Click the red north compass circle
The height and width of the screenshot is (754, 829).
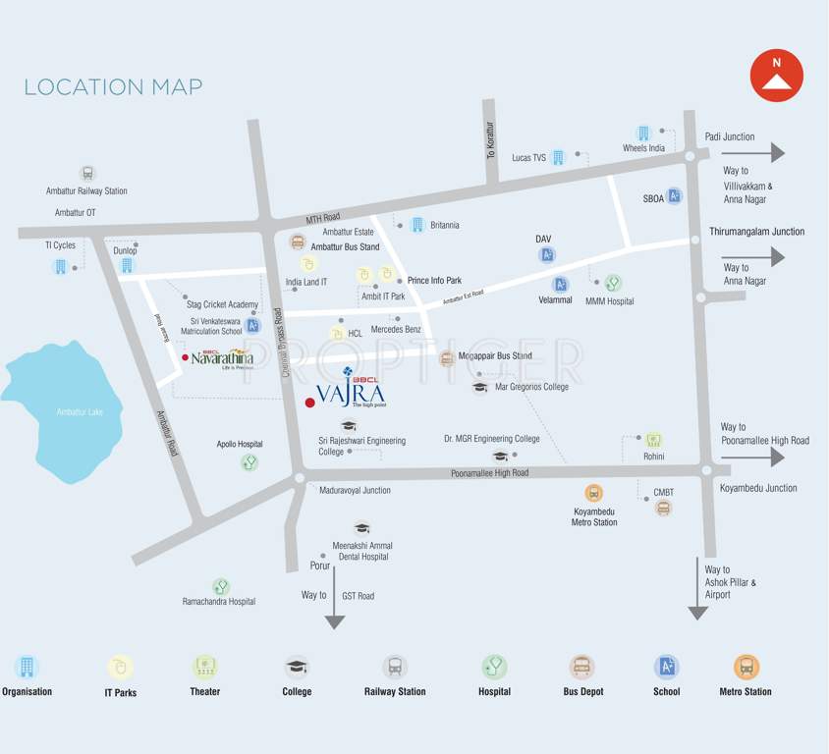pyautogui.click(x=777, y=76)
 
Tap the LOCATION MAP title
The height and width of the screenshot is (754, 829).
pyautogui.click(x=113, y=86)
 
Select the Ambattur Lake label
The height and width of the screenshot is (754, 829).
pyautogui.click(x=80, y=411)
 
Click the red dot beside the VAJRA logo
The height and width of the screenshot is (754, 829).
pyautogui.click(x=310, y=403)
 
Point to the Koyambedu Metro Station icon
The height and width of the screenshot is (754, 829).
pyautogui.click(x=593, y=493)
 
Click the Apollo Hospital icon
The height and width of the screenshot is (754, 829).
pyautogui.click(x=249, y=461)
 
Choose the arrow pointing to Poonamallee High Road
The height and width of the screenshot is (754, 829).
pyautogui.click(x=765, y=458)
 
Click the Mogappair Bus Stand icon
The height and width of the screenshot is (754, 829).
pyautogui.click(x=447, y=357)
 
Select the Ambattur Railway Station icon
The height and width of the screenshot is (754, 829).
pyautogui.click(x=87, y=174)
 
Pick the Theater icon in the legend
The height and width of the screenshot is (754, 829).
pyautogui.click(x=204, y=668)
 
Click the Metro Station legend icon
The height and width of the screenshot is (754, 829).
pyautogui.click(x=746, y=668)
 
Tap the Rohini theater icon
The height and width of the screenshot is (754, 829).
pyautogui.click(x=653, y=440)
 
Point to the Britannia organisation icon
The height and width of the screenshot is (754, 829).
pyautogui.click(x=416, y=225)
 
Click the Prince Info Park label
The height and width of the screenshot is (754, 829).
pyautogui.click(x=434, y=280)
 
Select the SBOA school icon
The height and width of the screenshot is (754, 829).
pyautogui.click(x=675, y=196)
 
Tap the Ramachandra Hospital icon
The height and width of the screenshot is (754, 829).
pyautogui.click(x=220, y=586)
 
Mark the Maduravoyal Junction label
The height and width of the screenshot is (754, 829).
pyautogui.click(x=355, y=490)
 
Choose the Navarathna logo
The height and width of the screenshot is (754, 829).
pyautogui.click(x=221, y=357)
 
